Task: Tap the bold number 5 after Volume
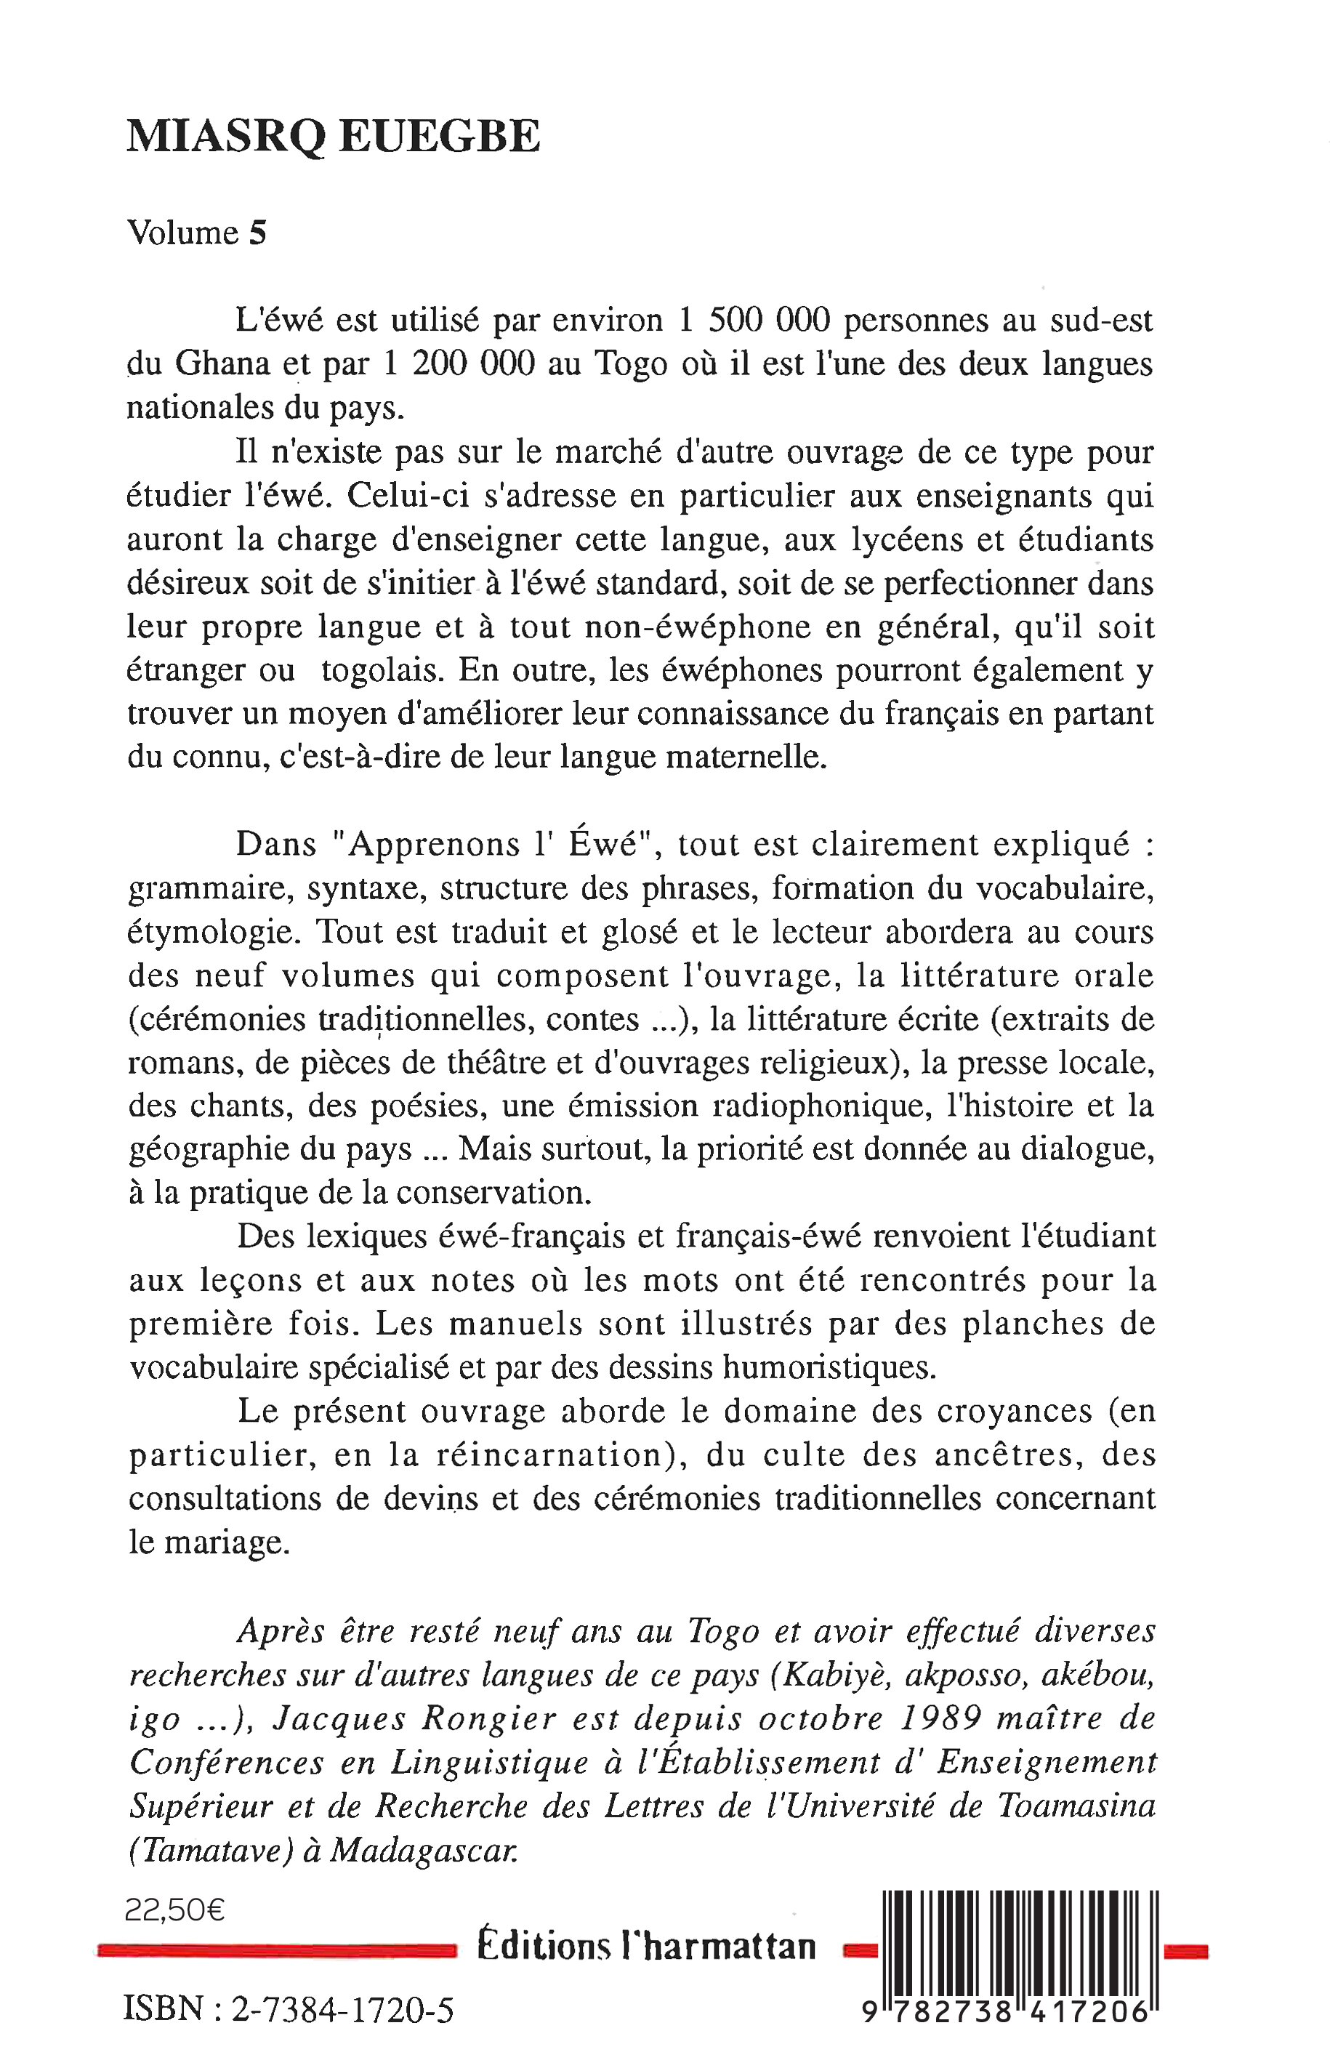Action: pyautogui.click(x=257, y=233)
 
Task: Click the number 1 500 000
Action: pyautogui.click(x=754, y=321)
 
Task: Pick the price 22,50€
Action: pyautogui.click(x=175, y=1910)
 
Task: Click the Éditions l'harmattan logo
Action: pyautogui.click(x=647, y=1946)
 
